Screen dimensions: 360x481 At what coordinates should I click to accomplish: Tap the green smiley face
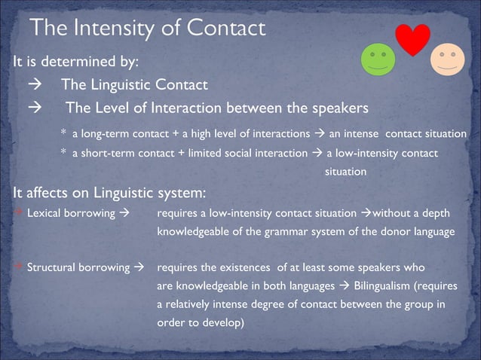coord(378,59)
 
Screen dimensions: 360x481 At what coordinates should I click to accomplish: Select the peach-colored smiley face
coord(448,59)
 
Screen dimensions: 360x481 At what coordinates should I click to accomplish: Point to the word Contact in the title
coord(225,29)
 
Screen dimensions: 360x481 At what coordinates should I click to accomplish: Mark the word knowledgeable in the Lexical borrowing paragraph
coord(191,231)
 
